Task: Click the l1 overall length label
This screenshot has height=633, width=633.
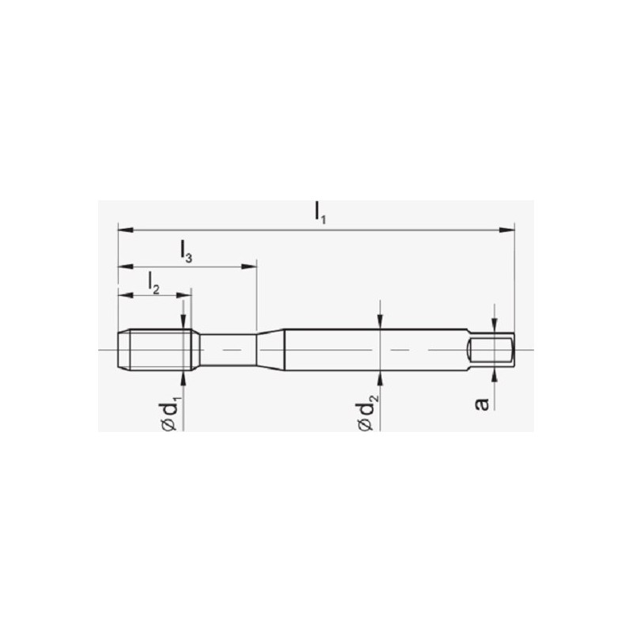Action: (x=320, y=213)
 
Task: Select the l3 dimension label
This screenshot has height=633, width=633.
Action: (x=186, y=252)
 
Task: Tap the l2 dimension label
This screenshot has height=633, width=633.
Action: (x=154, y=282)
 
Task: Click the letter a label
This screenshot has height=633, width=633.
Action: (x=482, y=404)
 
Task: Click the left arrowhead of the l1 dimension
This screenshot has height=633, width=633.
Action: (x=126, y=230)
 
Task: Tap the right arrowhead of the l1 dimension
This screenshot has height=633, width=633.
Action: (x=507, y=230)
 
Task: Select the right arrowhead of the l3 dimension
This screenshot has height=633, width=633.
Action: (x=248, y=267)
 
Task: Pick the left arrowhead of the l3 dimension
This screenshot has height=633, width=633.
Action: (x=126, y=267)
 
